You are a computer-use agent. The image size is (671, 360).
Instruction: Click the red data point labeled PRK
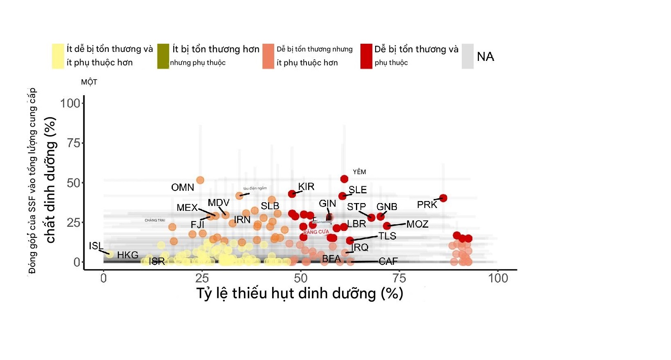(x=443, y=198)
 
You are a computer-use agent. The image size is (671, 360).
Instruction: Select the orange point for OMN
(x=200, y=180)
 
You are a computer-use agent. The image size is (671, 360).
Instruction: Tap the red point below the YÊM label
(x=344, y=179)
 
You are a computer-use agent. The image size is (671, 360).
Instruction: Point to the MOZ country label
(x=417, y=224)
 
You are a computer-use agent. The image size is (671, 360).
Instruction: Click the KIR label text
(x=306, y=187)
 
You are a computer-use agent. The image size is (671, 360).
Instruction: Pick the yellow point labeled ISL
(x=110, y=255)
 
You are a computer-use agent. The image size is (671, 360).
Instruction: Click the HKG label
(x=127, y=255)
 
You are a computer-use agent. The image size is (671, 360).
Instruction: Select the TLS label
(x=387, y=236)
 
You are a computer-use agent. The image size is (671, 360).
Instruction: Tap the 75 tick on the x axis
(x=399, y=278)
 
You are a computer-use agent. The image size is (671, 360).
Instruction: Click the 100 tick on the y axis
(x=70, y=103)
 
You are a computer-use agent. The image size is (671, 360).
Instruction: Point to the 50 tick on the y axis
(x=74, y=183)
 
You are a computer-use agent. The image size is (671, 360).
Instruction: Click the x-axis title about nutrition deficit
(x=300, y=293)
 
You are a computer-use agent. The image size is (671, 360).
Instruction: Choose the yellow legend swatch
(x=58, y=56)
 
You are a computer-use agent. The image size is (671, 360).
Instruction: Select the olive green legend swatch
(x=163, y=56)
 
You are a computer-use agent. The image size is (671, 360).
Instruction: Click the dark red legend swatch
(x=366, y=56)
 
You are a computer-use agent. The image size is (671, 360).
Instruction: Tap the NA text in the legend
(x=485, y=56)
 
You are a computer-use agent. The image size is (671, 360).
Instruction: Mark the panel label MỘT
(x=89, y=82)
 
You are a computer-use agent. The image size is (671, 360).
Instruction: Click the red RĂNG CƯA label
(x=316, y=232)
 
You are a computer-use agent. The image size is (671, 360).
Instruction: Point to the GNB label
(x=387, y=207)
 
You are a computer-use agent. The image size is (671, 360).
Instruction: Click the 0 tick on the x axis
(x=103, y=278)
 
